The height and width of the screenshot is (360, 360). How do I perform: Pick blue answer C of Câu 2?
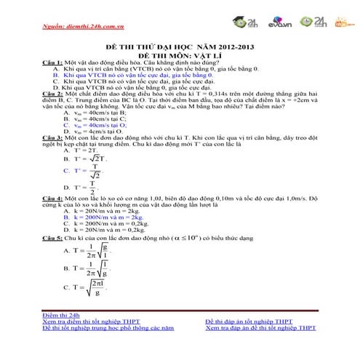tap(95, 125)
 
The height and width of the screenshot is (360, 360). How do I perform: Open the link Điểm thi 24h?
tap(60, 316)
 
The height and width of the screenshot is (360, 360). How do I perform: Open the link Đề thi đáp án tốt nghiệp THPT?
tap(249, 321)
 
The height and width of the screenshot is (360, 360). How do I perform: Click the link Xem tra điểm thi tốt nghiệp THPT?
tap(92, 321)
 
